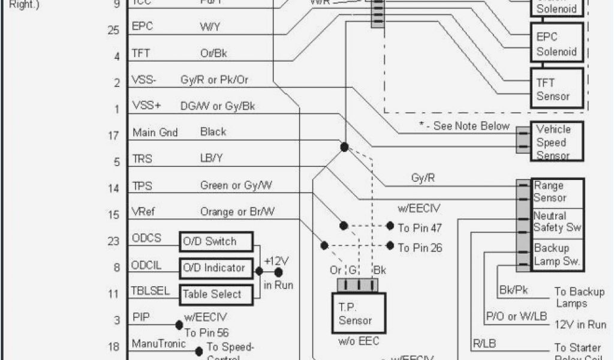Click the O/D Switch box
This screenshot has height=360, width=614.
tap(216, 241)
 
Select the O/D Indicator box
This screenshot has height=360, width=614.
tap(216, 268)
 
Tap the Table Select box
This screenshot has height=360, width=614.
tap(216, 293)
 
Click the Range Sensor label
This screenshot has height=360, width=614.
tap(549, 192)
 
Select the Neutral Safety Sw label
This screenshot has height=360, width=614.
tap(557, 222)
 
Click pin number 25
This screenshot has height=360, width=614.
tap(113, 30)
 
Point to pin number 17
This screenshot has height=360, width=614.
tap(113, 136)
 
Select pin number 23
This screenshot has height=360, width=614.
tap(113, 241)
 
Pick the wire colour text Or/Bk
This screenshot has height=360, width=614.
tap(213, 53)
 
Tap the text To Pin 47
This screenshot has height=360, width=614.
tap(420, 227)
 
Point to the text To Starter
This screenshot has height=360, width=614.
tap(577, 347)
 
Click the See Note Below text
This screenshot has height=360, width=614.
tap(469, 126)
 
